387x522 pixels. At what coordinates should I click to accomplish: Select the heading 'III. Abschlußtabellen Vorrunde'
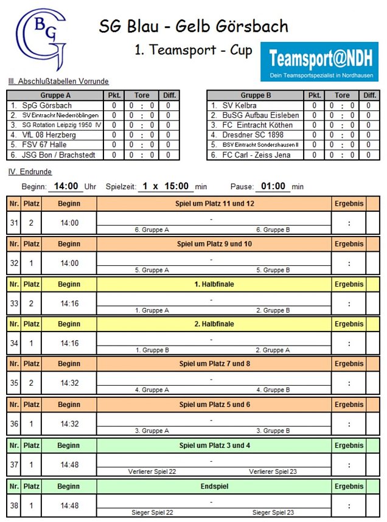pos(58,82)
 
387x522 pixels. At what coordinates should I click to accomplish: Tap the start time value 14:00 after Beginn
pos(68,186)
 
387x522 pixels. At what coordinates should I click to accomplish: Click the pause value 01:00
pos(273,186)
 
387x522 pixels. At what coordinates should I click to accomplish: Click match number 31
pos(13,223)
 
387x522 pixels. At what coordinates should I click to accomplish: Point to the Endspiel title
pos(214,486)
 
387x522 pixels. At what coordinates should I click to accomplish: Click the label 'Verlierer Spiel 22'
pos(152,472)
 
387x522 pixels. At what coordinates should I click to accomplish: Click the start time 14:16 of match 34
pos(69,343)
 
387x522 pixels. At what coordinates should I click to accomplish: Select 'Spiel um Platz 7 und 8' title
pos(214,364)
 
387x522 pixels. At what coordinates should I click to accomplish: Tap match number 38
pos(13,505)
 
